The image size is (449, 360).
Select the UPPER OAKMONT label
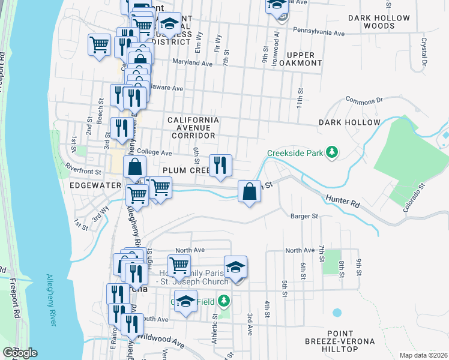(300, 59)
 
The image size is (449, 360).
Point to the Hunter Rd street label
(343, 201)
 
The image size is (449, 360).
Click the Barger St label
(303, 216)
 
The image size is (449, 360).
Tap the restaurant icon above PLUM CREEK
(220, 165)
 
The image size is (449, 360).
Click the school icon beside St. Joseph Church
(236, 267)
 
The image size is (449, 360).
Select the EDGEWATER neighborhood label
(96, 186)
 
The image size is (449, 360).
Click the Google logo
(20, 353)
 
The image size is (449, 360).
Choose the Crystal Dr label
(424, 52)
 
